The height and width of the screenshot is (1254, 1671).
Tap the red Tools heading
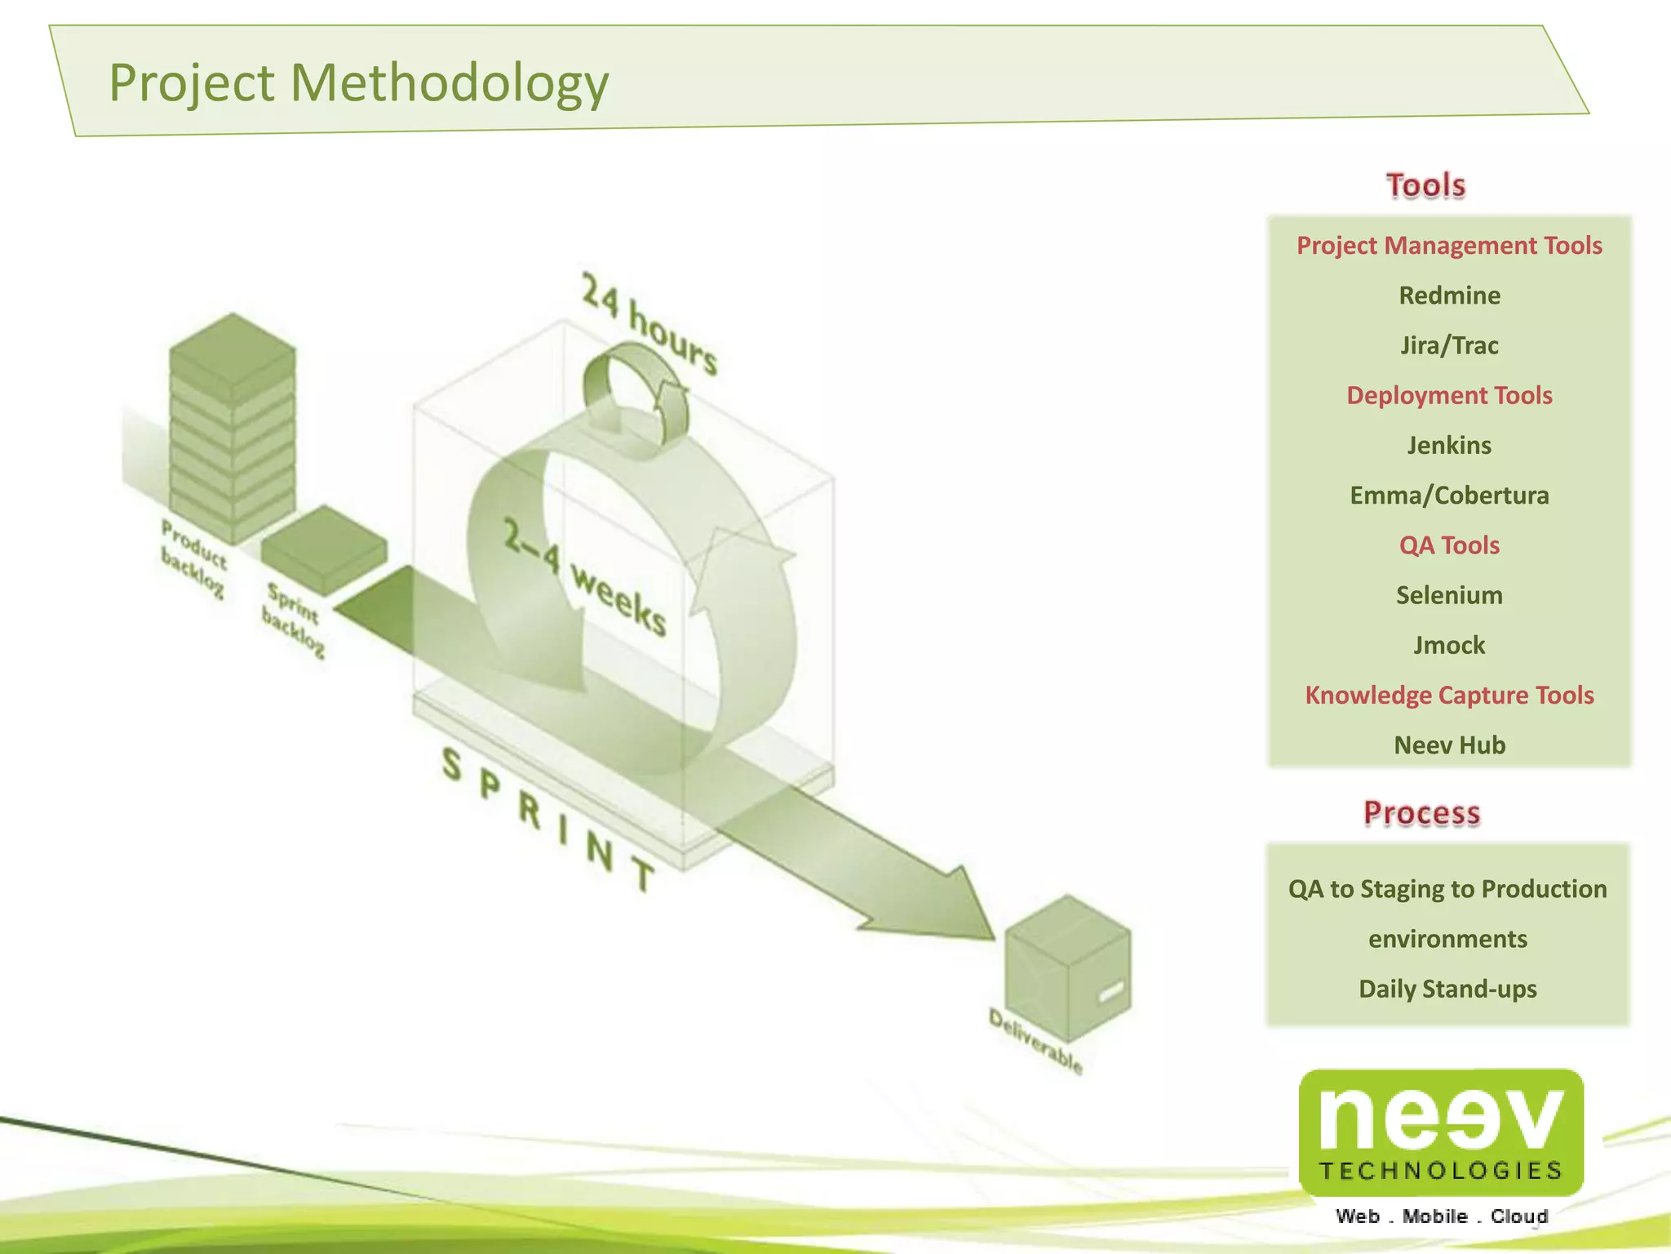(x=1425, y=185)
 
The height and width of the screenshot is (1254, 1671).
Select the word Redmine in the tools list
(x=1449, y=296)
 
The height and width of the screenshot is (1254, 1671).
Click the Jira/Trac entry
(x=1449, y=345)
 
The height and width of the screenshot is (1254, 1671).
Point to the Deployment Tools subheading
(x=1449, y=395)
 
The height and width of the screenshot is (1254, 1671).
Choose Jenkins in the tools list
(x=1449, y=445)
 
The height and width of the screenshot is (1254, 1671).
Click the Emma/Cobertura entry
(x=1449, y=496)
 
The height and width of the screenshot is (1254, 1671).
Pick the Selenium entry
(x=1449, y=595)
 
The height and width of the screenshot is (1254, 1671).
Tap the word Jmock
(x=1449, y=645)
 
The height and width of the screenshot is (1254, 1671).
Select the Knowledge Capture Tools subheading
(x=1449, y=695)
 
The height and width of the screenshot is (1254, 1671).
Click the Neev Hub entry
(x=1449, y=745)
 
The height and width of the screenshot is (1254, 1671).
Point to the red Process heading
(x=1421, y=813)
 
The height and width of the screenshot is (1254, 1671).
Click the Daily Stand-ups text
(x=1447, y=989)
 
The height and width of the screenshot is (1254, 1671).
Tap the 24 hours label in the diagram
(x=649, y=324)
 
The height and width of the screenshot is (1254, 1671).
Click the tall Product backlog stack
(x=233, y=428)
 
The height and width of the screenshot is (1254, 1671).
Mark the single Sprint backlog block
(x=324, y=548)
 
